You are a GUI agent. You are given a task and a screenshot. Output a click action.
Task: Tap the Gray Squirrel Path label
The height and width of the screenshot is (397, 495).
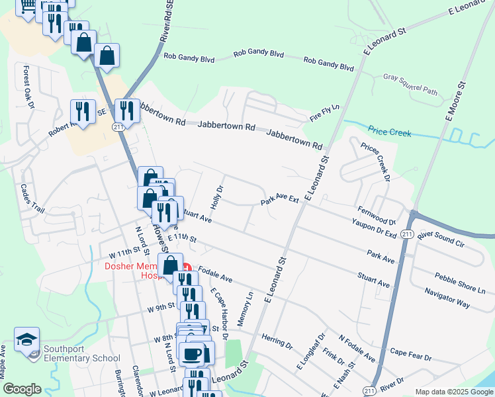tap(410, 83)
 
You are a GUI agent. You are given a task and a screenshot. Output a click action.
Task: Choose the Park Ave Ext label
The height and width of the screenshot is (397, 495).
tap(280, 200)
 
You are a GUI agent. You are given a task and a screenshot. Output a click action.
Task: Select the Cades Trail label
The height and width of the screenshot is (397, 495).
tap(32, 198)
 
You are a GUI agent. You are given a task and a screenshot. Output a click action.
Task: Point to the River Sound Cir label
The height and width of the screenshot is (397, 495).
tap(441, 239)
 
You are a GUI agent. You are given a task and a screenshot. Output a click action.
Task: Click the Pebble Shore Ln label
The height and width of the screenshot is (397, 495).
tap(460, 283)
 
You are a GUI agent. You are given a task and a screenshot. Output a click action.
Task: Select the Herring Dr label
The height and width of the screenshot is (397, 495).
tap(277, 340)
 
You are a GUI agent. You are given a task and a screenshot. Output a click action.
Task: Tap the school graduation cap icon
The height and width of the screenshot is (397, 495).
tap(27, 341)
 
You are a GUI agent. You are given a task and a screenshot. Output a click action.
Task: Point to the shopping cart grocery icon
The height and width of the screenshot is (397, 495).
tap(27, 6)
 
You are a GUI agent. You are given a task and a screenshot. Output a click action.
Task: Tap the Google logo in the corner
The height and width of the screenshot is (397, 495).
tap(22, 389)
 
